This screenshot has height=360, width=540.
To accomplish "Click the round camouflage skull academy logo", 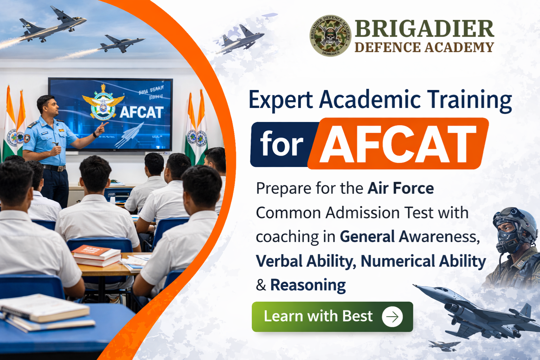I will coord(330,36).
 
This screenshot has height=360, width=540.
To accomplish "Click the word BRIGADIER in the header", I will coord(424,28).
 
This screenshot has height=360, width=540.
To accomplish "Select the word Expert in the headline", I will coord(280,100).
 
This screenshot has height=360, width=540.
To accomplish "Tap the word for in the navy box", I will coord(281,144).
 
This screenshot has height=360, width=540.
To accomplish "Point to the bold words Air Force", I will coord(400,188).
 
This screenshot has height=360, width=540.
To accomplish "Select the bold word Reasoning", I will coord(308,285).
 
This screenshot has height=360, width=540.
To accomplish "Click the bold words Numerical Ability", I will coord(423,261).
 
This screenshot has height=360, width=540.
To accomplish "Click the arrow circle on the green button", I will coord(392,317).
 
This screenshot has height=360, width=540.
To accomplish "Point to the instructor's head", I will coord(47,105).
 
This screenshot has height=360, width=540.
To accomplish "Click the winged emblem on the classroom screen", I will coord(103,105).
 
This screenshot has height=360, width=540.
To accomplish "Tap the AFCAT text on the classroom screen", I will coord(141,112).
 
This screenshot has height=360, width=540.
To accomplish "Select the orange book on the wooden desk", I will coord(96,252).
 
